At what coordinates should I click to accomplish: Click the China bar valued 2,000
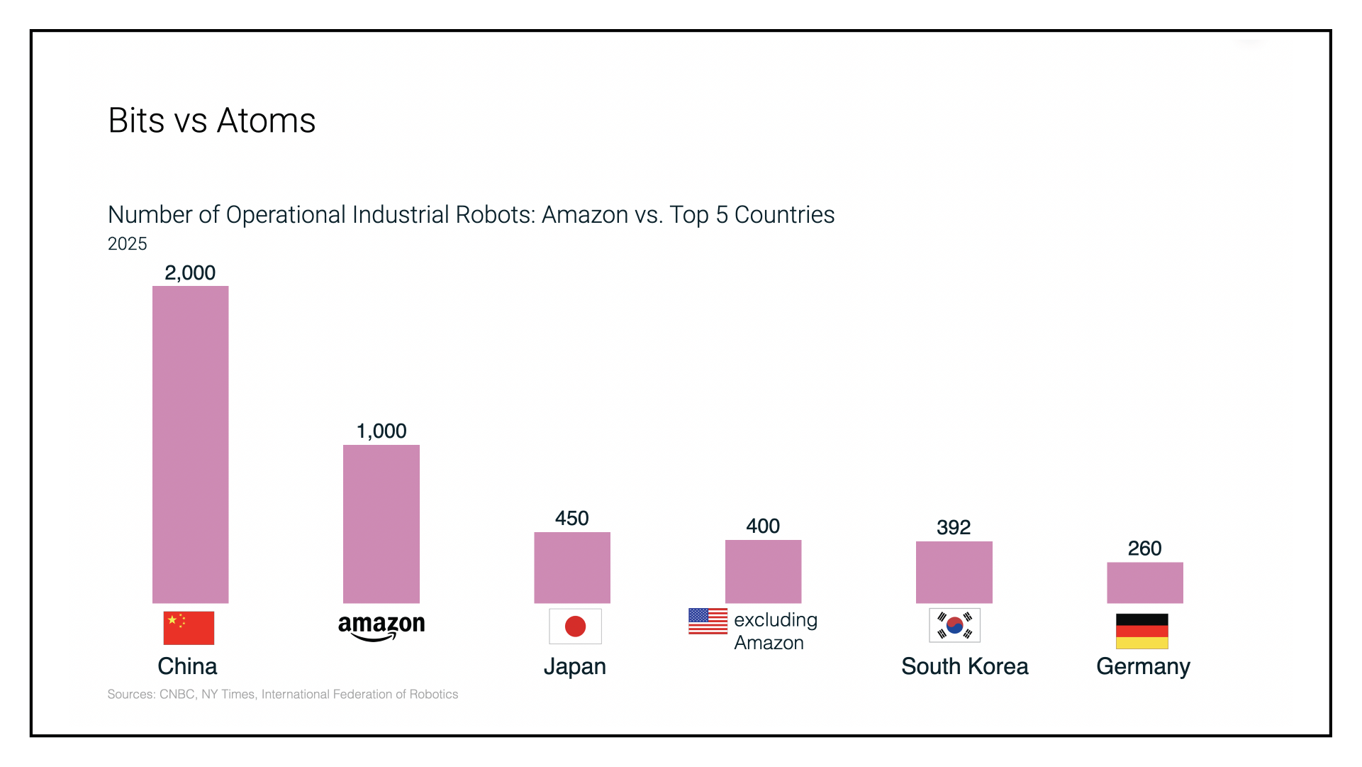(190, 444)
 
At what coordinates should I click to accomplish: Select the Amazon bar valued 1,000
(381, 524)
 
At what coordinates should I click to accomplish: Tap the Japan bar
(571, 568)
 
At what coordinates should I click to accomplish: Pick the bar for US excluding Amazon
(763, 571)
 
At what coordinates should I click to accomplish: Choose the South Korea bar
(954, 572)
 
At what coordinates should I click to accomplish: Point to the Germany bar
(1144, 583)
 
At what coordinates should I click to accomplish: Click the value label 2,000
(190, 272)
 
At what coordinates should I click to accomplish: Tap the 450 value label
(571, 518)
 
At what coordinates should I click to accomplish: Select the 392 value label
(954, 527)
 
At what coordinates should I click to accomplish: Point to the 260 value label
(1144, 548)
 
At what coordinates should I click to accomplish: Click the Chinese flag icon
(189, 628)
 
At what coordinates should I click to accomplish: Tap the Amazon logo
(381, 627)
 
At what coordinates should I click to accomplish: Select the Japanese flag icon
(575, 627)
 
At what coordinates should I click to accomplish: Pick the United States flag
(708, 621)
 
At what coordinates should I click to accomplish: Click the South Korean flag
(954, 625)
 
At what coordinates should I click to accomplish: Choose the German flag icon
(1141, 631)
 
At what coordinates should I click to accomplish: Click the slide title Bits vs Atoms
(211, 121)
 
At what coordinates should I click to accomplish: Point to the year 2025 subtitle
(128, 244)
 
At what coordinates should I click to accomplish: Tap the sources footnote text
(282, 694)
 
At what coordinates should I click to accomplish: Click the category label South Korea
(964, 666)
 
